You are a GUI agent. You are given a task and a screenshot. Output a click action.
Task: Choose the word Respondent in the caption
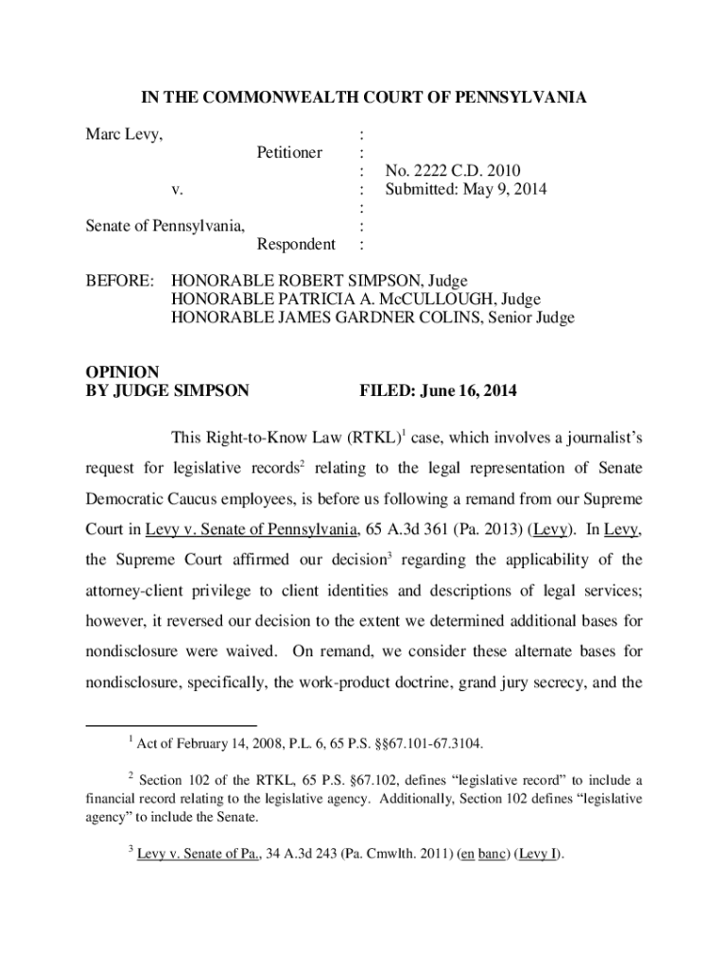click(x=296, y=245)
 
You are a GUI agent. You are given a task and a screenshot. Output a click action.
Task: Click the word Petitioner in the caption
click(x=289, y=153)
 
